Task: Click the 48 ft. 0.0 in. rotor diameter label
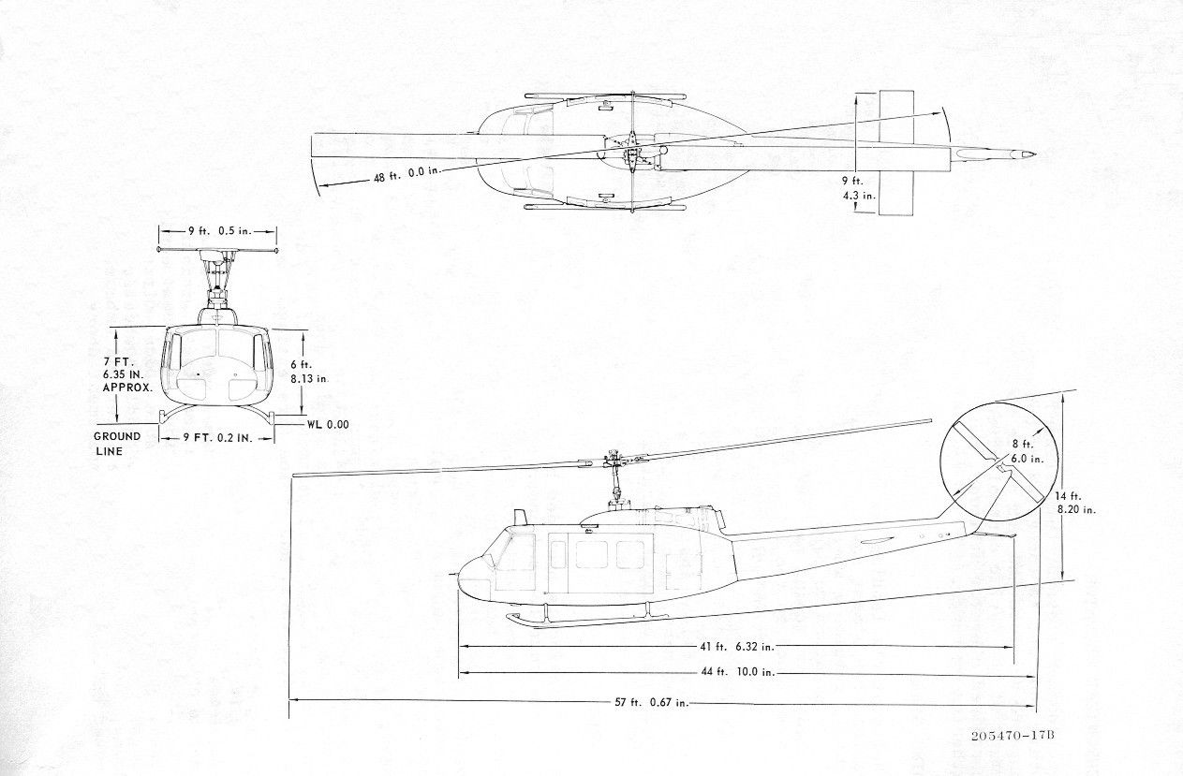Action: (407, 174)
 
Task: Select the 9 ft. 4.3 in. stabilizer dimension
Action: (858, 188)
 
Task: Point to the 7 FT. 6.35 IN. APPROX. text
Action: (126, 374)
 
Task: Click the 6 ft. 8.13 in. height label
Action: (309, 372)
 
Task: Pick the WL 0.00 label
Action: (328, 424)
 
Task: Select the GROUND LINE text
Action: (117, 444)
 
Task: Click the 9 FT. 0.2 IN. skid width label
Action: (217, 438)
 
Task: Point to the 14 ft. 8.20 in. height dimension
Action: (1074, 503)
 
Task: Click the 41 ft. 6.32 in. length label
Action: (737, 647)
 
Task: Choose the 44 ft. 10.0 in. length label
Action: (737, 672)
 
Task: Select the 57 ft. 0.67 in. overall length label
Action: (652, 702)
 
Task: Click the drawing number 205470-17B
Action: (1013, 737)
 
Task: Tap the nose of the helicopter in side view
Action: (461, 577)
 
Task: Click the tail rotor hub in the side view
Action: (999, 468)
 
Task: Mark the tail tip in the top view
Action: (1034, 154)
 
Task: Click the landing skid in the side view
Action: (586, 620)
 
